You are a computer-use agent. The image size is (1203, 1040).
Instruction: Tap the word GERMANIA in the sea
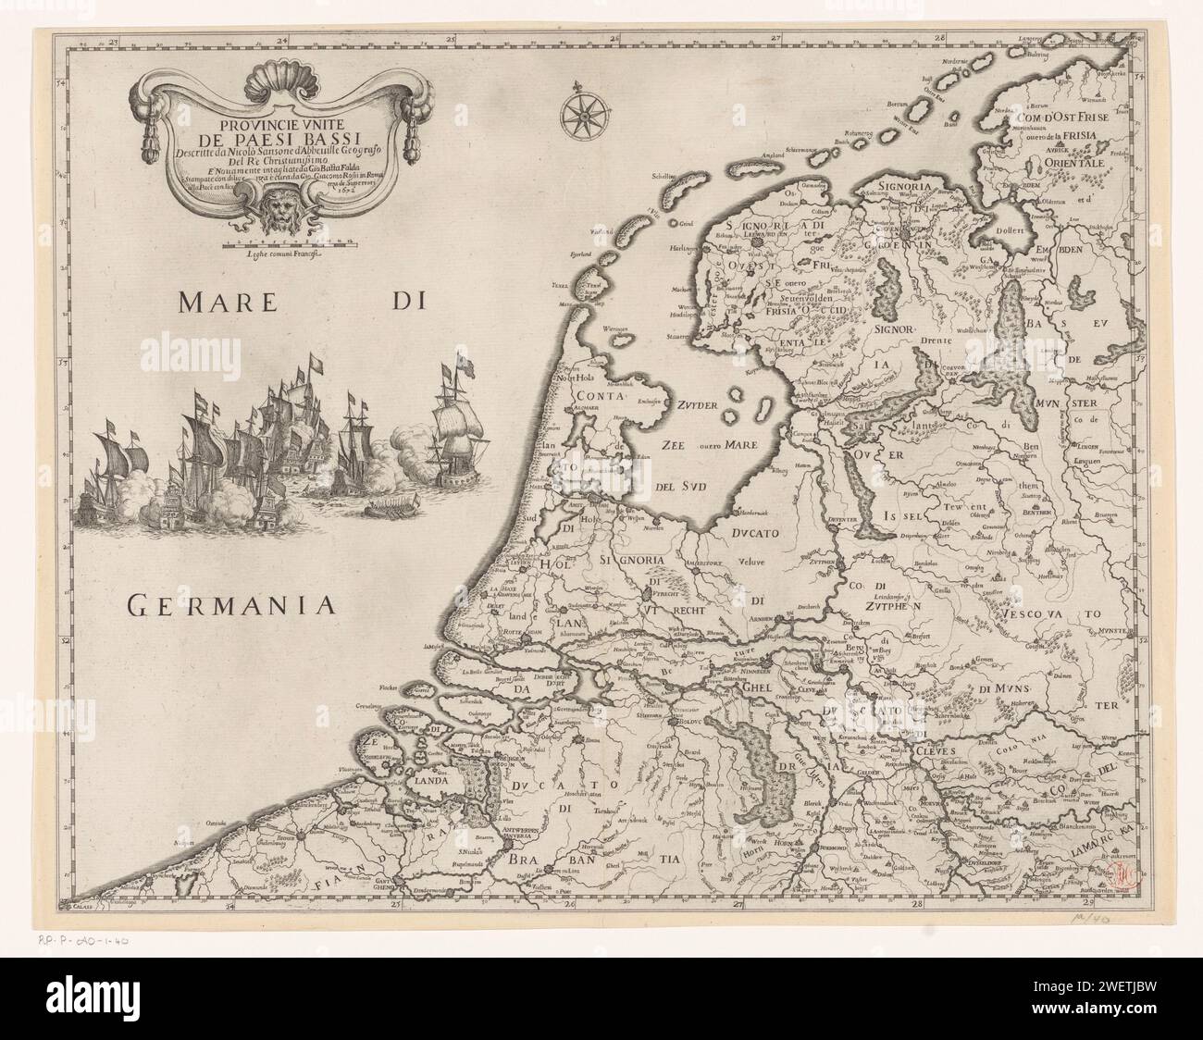229,606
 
